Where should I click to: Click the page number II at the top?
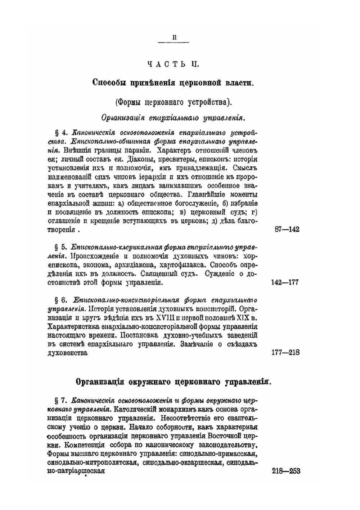174,36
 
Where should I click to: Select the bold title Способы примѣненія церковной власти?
173,82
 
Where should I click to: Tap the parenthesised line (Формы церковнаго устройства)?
173,102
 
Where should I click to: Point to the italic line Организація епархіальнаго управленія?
174,118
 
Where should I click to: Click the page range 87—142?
287,229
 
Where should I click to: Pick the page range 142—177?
284,282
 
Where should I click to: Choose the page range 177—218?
285,352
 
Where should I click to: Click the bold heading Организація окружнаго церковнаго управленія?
173,382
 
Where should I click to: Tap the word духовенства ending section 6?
68,353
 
